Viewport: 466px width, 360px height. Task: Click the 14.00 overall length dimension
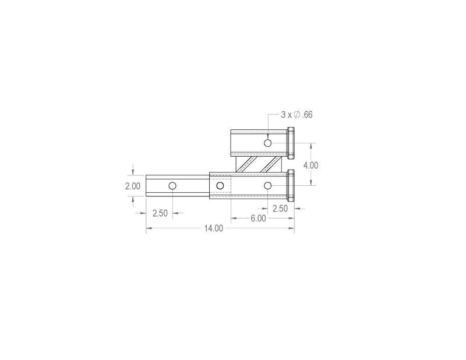214,228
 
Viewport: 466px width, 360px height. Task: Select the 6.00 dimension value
258,218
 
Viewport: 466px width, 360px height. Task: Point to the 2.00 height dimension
133,186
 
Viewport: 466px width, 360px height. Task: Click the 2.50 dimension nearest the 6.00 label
280,208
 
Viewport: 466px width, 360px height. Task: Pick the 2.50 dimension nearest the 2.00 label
160,213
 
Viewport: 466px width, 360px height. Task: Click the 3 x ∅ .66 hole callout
296,115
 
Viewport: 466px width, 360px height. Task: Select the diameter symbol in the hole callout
296,115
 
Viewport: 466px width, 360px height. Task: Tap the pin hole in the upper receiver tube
267,143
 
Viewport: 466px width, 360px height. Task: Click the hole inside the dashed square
220,186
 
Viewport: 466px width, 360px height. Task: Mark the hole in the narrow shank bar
172,186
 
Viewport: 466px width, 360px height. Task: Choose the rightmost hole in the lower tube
267,186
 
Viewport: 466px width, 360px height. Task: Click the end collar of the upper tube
291,143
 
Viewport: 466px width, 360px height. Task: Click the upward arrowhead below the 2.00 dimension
135,200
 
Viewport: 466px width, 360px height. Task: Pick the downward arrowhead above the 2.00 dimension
135,171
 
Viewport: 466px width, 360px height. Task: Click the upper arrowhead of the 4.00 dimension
312,146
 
